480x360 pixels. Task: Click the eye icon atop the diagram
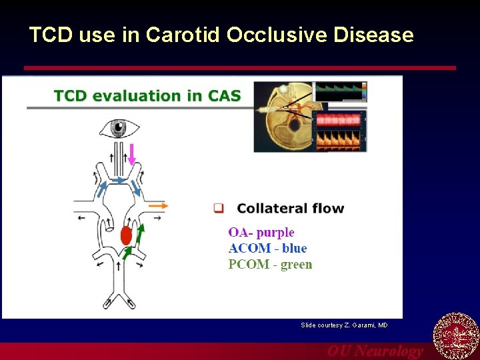119,127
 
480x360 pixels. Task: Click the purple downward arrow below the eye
131,154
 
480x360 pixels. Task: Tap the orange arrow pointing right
158,206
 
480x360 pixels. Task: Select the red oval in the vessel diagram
126,235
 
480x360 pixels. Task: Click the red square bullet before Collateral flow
218,208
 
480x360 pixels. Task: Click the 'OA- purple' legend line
261,232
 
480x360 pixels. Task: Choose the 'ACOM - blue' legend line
267,248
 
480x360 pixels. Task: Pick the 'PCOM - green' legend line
270,264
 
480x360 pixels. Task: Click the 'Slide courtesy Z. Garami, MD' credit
344,325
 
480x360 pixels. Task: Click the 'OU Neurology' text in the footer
375,351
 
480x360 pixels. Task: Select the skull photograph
283,117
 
